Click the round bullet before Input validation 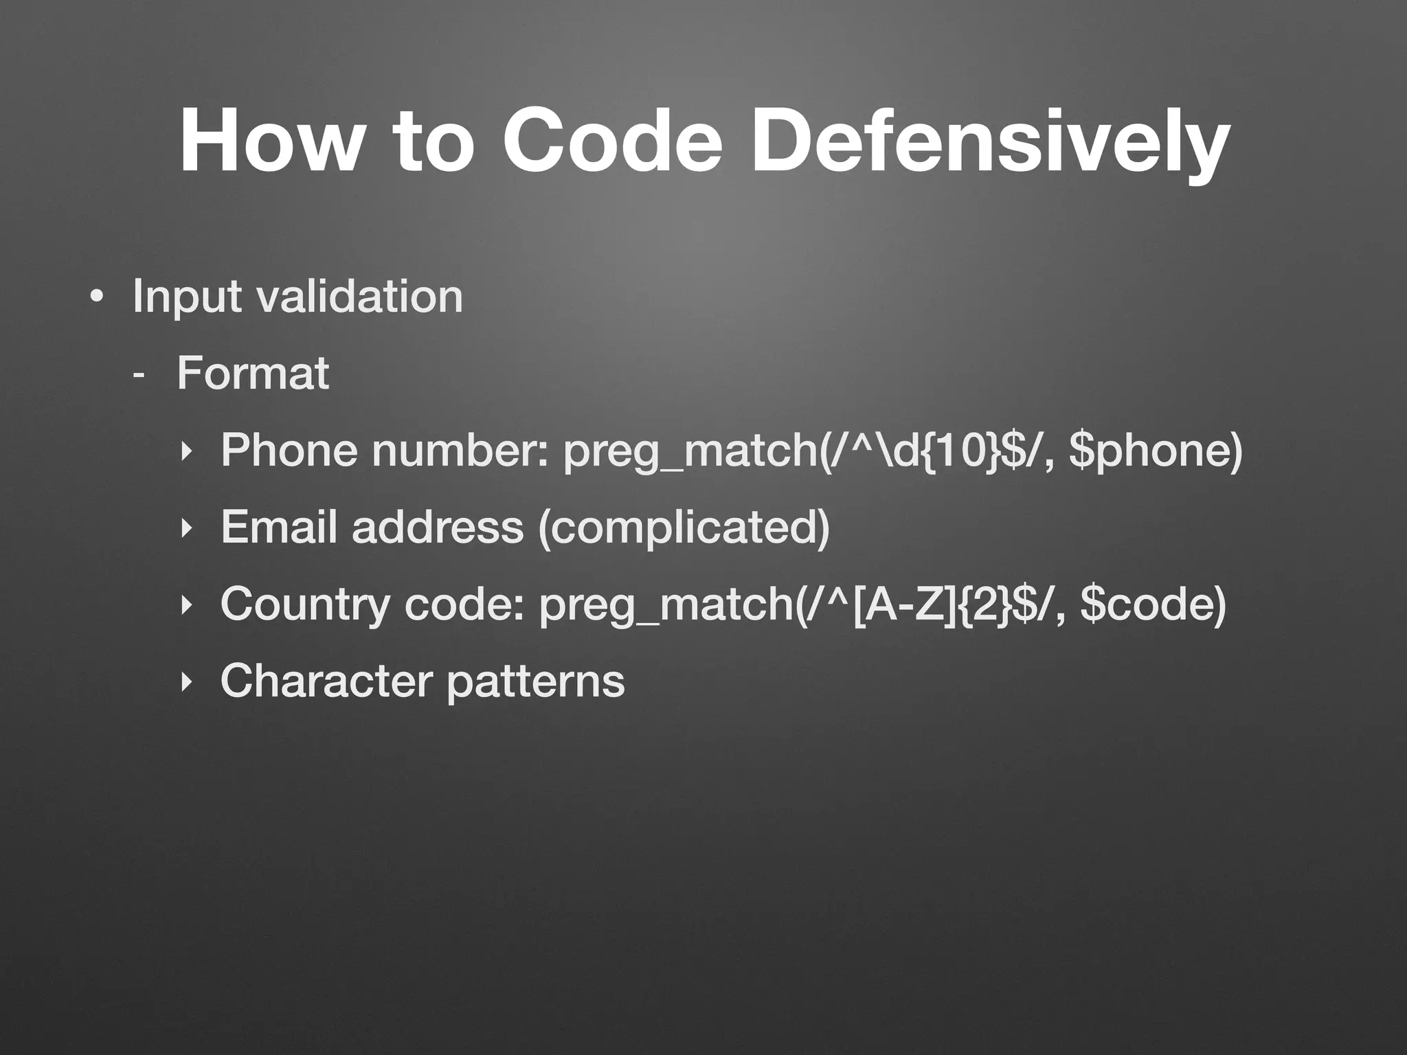(97, 298)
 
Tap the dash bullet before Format (139, 376)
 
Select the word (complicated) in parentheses (684, 528)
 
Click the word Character (326, 681)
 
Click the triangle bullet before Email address (184, 528)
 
